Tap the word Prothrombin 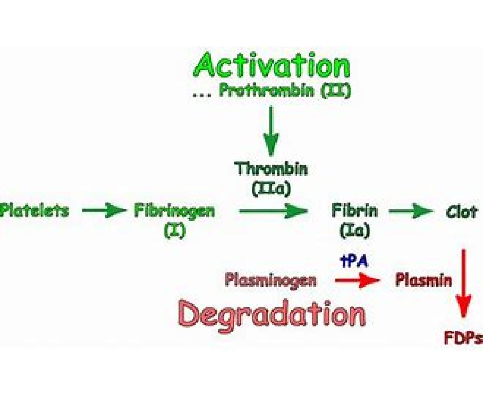point(266,91)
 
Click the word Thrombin point(271,169)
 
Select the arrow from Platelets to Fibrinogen point(104,211)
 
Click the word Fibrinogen point(174,211)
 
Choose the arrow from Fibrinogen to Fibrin point(273,211)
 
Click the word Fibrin point(355,211)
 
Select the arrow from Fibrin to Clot point(410,211)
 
